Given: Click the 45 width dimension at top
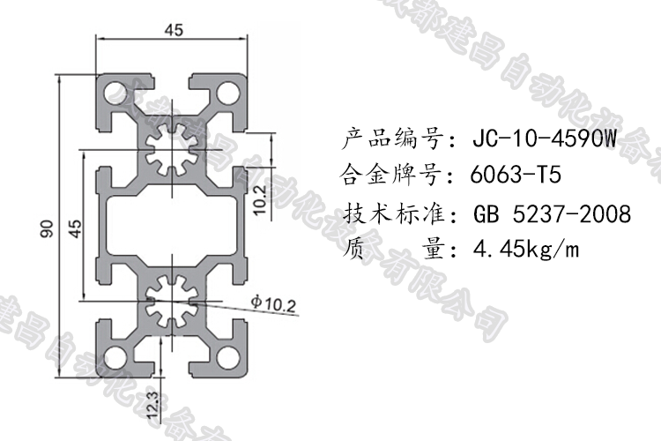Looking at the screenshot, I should click(x=174, y=30).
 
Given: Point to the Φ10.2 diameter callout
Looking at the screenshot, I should click(x=272, y=305).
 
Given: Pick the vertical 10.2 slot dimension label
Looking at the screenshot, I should click(x=259, y=201).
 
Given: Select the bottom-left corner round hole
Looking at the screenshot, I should click(x=115, y=356).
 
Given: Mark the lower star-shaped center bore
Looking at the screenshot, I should click(x=172, y=301).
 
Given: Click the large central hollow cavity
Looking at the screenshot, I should click(x=172, y=225).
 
